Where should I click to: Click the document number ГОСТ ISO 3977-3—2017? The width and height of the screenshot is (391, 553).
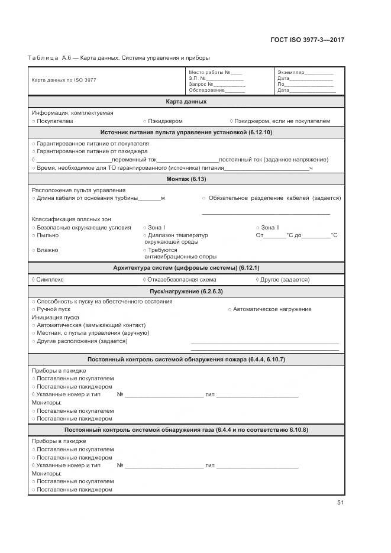307,40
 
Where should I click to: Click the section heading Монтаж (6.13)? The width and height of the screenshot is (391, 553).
186,179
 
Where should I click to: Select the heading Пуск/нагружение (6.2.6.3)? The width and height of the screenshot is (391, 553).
186,291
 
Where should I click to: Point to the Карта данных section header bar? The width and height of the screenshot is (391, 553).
186,102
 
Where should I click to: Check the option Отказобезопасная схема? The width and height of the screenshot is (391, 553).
182,280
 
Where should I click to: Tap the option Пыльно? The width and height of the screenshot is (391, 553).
47,235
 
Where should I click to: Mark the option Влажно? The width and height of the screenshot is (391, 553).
47,250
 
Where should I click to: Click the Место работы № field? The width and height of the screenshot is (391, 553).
215,72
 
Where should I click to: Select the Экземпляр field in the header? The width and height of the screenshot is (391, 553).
305,72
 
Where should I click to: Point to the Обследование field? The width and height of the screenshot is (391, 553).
216,90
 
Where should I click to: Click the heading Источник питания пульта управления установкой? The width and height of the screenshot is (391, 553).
186,132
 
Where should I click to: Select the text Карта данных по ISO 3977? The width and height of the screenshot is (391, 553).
63,80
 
